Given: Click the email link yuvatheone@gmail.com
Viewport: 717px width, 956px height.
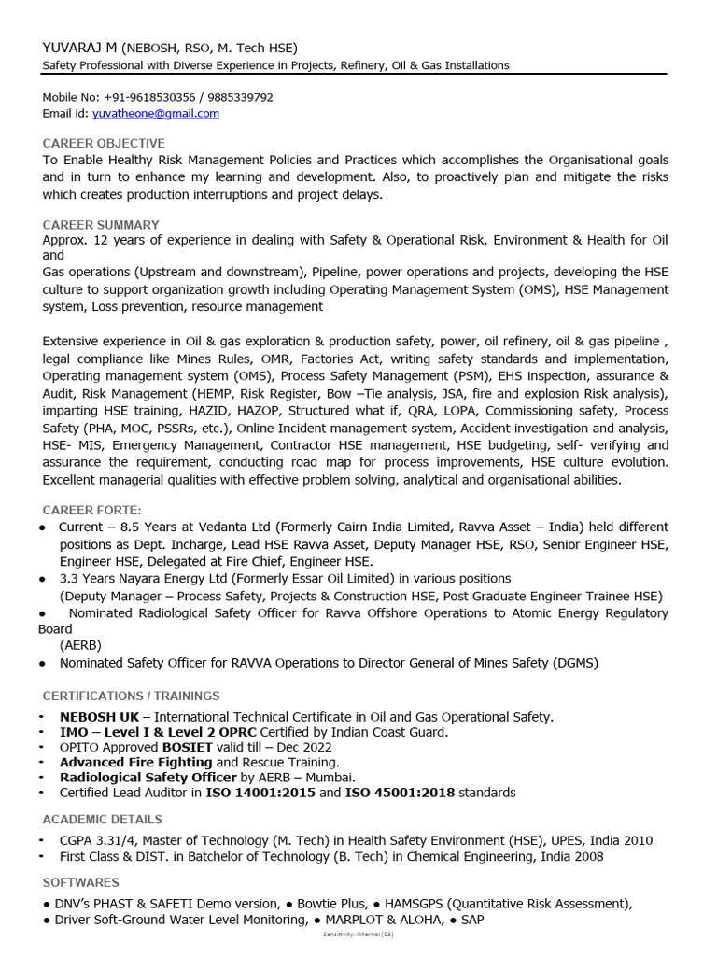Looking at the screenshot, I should click(156, 114).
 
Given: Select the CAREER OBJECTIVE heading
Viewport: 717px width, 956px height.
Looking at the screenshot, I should click(104, 143).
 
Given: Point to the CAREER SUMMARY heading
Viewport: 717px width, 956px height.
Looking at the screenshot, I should click(101, 225).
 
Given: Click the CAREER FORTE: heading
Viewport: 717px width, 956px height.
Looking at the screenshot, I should click(92, 510).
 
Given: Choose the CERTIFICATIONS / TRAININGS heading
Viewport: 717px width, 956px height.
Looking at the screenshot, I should click(132, 696).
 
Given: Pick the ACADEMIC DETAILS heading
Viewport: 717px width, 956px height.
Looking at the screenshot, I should click(103, 819).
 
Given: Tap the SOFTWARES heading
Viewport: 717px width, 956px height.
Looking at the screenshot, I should click(81, 882).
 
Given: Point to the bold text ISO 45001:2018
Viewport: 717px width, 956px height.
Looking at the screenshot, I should click(400, 793).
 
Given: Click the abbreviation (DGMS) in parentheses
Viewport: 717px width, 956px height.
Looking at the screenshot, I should click(575, 663).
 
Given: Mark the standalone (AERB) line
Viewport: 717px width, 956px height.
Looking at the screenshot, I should click(81, 645).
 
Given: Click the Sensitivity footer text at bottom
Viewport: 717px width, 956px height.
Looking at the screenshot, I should click(358, 935).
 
